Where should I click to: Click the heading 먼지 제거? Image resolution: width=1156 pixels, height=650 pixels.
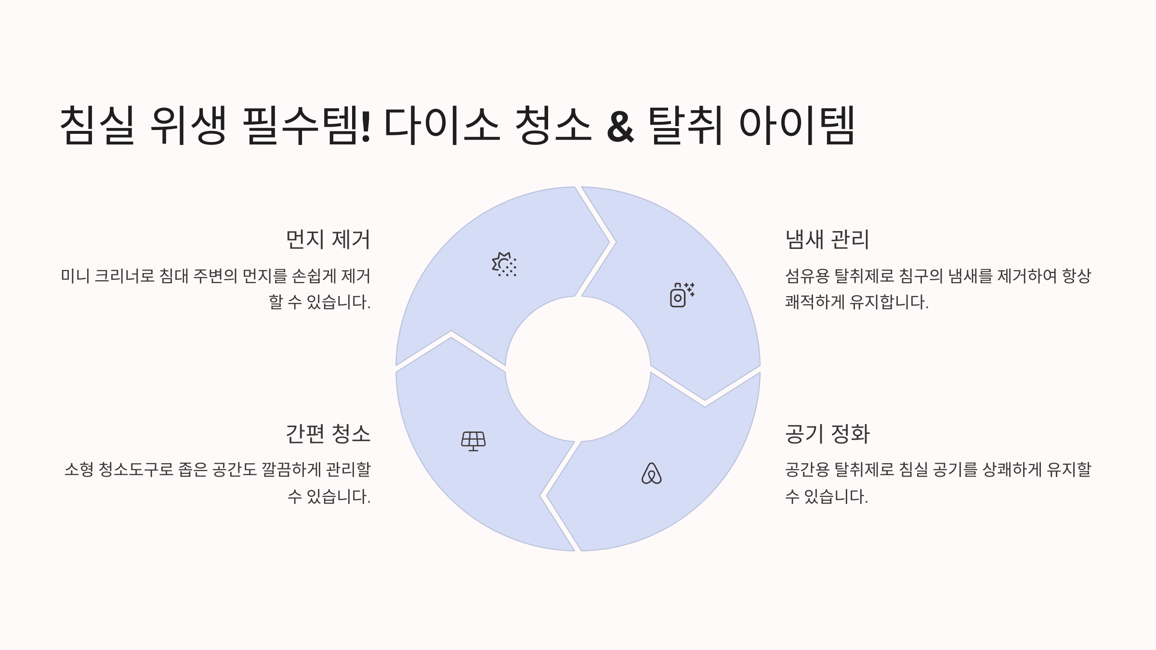click(x=328, y=240)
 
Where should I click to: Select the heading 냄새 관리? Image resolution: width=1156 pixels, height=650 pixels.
click(x=827, y=240)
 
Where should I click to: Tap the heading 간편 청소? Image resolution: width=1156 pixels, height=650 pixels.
click(x=328, y=434)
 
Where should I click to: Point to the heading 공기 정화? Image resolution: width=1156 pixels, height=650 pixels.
click(x=827, y=434)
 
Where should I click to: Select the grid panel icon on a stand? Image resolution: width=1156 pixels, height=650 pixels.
click(x=473, y=441)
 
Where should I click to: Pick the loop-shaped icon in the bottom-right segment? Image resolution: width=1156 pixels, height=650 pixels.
click(x=651, y=474)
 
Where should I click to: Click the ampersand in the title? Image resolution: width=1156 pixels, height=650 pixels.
click(x=620, y=127)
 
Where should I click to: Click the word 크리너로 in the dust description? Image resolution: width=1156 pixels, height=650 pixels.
click(x=124, y=276)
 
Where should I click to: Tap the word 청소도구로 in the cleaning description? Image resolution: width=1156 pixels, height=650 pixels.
click(x=136, y=469)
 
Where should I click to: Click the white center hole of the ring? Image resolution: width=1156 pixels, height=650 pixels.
click(x=578, y=369)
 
